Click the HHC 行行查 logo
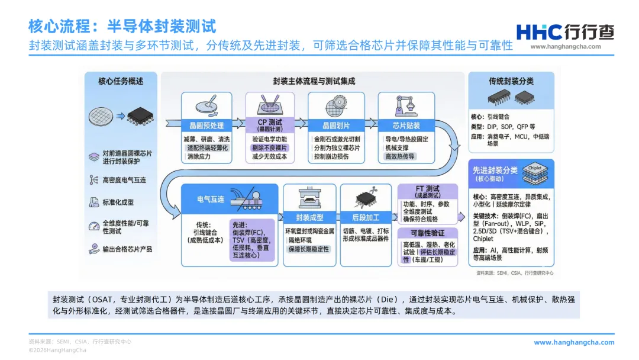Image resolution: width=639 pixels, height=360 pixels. (x=565, y=32)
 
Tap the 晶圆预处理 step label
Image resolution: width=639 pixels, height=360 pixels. (x=206, y=126)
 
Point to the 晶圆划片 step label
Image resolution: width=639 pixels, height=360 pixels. (x=335, y=126)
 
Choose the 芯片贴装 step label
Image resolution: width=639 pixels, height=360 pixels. (x=406, y=126)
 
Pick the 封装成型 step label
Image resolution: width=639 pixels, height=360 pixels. (x=311, y=217)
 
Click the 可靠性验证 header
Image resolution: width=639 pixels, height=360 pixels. (x=428, y=233)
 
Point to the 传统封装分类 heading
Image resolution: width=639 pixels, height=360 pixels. (x=511, y=81)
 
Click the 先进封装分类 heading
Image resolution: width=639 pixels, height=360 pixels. (x=495, y=171)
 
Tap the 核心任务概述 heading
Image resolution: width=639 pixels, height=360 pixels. (x=120, y=81)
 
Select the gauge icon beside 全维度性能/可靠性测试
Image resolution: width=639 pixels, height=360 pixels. (x=93, y=226)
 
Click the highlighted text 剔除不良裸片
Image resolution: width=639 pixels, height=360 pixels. (x=270, y=147)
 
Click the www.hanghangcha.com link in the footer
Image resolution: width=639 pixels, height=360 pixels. (x=574, y=342)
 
